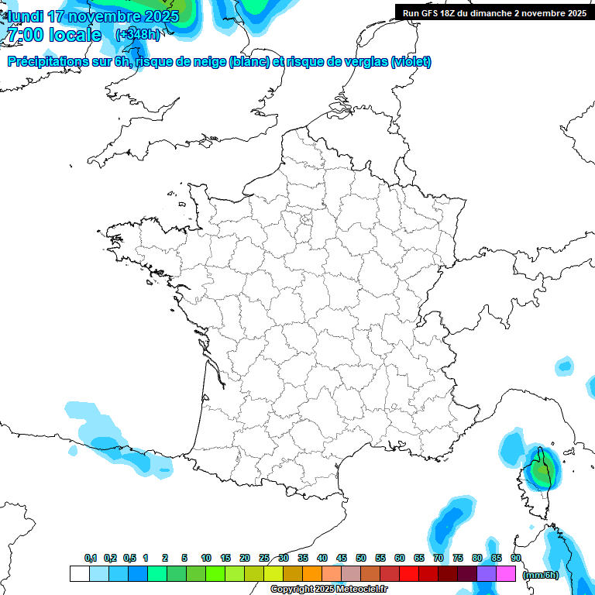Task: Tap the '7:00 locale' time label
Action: (x=53, y=35)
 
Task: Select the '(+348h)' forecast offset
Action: (x=137, y=35)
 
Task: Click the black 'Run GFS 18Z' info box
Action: (x=494, y=12)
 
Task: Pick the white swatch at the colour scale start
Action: (x=79, y=574)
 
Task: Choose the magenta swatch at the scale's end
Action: (x=506, y=574)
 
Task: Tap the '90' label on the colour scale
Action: (x=515, y=559)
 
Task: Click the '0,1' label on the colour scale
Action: (x=90, y=559)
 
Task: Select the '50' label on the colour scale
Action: (x=361, y=559)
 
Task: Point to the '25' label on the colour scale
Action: (x=264, y=559)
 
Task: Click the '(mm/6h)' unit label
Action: (x=541, y=575)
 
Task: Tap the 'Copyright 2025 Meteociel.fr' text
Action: (x=328, y=590)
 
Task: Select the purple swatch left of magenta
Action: (x=487, y=574)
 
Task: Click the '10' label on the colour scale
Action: (x=206, y=559)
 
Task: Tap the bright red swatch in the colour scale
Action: (x=409, y=574)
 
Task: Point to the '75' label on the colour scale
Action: (x=458, y=559)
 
